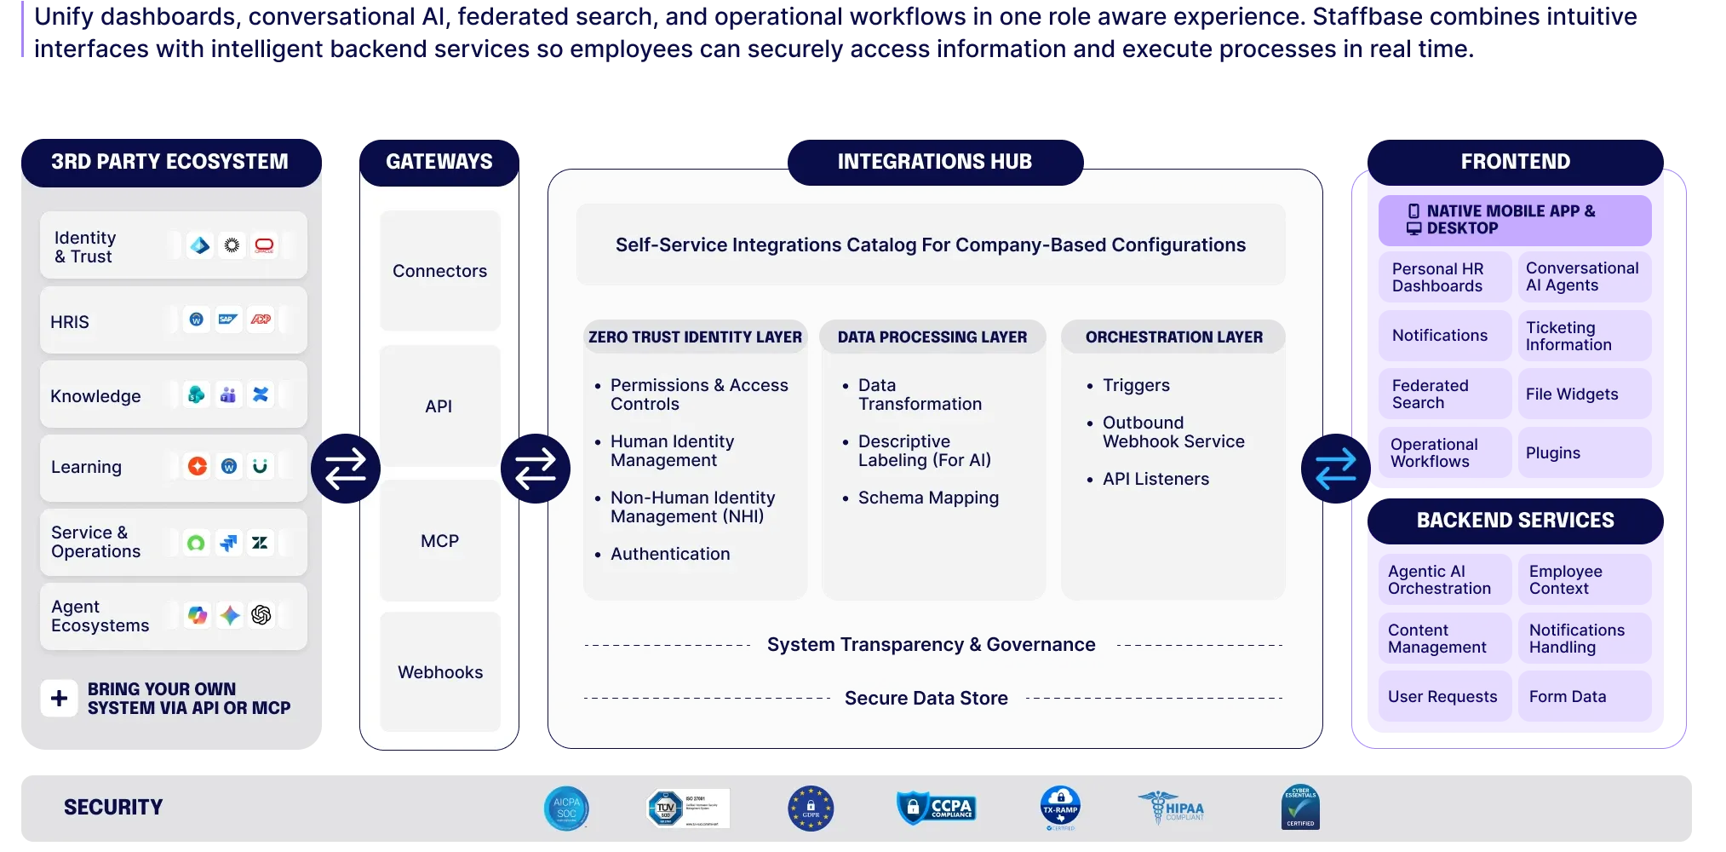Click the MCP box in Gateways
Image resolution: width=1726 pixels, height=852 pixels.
coord(439,541)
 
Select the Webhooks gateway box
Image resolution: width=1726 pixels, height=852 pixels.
coord(439,672)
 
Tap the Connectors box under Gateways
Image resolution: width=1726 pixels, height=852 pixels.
coord(439,271)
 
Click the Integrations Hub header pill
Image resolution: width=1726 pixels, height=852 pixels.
coord(934,162)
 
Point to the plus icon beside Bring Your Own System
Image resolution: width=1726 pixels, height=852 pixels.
coord(59,699)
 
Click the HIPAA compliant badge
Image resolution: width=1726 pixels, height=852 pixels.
coord(1172,808)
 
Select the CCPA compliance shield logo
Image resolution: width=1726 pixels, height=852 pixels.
coord(936,808)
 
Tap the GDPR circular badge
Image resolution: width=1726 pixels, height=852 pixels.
coord(810,808)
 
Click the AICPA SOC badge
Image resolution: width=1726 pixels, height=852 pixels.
coord(566,808)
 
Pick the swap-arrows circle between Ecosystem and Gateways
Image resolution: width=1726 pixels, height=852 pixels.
coord(345,468)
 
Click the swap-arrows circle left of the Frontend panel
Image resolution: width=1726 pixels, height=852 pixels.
coord(1335,468)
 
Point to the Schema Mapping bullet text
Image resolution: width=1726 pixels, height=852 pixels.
coord(927,498)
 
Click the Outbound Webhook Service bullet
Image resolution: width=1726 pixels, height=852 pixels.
coord(1173,432)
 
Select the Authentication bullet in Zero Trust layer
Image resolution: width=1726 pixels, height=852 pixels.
coord(669,554)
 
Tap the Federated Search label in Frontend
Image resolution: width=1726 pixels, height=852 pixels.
coord(1430,394)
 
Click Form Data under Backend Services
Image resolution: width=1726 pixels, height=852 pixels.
coord(1567,697)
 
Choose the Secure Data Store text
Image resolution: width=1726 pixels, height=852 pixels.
coord(926,699)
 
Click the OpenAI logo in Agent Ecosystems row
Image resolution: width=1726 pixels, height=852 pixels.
coord(261,615)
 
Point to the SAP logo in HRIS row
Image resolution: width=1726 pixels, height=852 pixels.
coord(227,319)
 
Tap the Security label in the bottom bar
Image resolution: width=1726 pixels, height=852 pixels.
coord(113,807)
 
